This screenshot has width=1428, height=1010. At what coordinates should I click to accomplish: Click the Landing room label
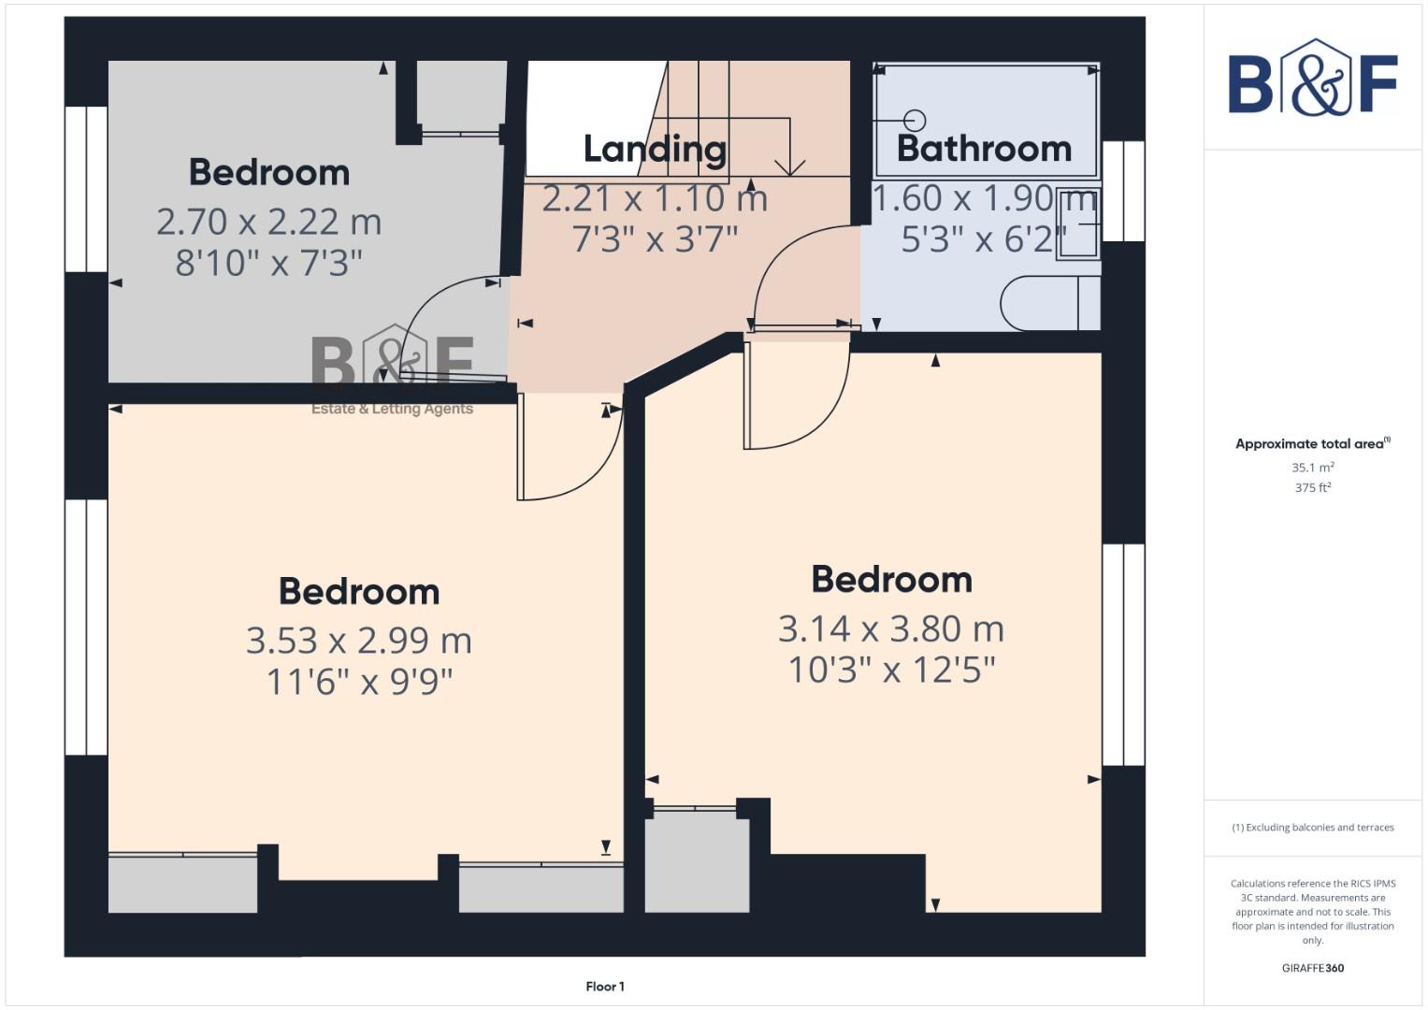pyautogui.click(x=655, y=149)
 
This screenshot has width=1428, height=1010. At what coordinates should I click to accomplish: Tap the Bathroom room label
pyautogui.click(x=984, y=149)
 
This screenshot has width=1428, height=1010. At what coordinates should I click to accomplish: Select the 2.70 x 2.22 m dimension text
pyautogui.click(x=268, y=222)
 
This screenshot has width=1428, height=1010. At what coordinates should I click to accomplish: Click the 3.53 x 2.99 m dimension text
pyautogui.click(x=358, y=641)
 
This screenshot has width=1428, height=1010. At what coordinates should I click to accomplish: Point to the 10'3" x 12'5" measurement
pyautogui.click(x=891, y=671)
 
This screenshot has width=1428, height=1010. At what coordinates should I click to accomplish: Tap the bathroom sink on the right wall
pyautogui.click(x=1078, y=224)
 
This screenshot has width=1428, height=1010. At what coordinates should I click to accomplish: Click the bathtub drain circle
pyautogui.click(x=916, y=120)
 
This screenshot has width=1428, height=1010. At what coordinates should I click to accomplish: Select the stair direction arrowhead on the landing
pyautogui.click(x=790, y=167)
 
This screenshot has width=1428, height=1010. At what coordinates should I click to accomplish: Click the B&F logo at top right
pyautogui.click(x=1312, y=80)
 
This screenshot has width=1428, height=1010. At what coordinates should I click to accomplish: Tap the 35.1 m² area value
pyautogui.click(x=1312, y=468)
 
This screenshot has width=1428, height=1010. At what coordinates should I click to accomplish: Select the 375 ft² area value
pyautogui.click(x=1312, y=488)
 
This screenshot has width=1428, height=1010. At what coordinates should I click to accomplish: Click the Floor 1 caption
pyautogui.click(x=605, y=987)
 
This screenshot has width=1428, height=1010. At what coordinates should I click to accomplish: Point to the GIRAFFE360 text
pyautogui.click(x=1312, y=968)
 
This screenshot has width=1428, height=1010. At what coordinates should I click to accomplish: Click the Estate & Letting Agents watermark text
pyautogui.click(x=392, y=409)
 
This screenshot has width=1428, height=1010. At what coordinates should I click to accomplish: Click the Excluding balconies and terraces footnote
pyautogui.click(x=1312, y=828)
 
